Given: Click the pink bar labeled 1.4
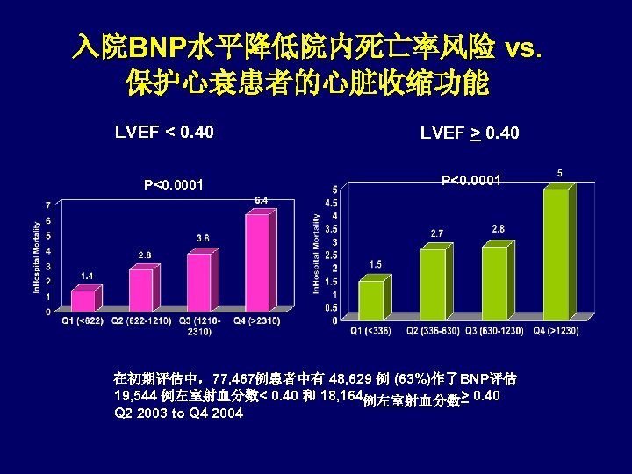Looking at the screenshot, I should tap(83, 299).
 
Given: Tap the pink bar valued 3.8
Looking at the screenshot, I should tap(199, 281).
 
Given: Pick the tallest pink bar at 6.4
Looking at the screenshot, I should tap(256, 262).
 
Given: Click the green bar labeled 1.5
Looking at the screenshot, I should tap(371, 299).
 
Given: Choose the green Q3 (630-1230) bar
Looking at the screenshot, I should tap(494, 282).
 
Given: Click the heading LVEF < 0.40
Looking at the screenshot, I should tap(164, 133).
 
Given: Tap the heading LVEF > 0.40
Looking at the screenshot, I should tap(470, 133).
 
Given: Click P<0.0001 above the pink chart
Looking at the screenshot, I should tap(174, 184).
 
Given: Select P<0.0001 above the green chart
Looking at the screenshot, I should tap(471, 180).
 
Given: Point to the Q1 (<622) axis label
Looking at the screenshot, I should tap(83, 320).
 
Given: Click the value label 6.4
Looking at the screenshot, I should tap(261, 200).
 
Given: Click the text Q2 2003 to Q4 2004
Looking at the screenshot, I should tap(178, 413).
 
